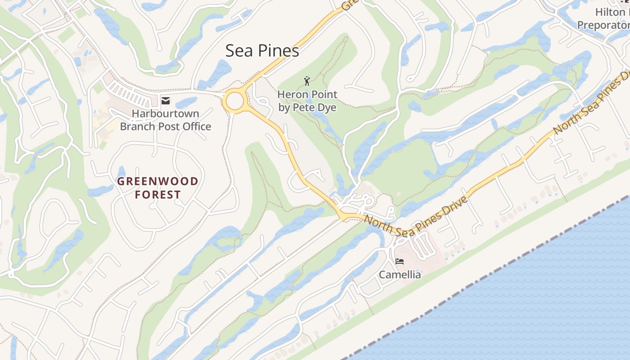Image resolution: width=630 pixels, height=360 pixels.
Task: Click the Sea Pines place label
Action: click(262, 51)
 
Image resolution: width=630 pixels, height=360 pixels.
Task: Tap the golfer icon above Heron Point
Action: click(307, 81)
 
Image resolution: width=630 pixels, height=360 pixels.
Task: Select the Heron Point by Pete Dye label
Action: click(307, 101)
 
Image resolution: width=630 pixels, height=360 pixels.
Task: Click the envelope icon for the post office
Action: click(166, 101)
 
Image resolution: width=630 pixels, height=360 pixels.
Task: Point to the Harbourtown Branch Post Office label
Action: click(166, 120)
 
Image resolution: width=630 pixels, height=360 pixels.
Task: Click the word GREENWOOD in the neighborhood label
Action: click(157, 181)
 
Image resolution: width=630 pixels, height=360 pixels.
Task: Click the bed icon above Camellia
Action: click(399, 261)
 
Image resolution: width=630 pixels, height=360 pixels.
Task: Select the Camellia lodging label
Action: click(400, 274)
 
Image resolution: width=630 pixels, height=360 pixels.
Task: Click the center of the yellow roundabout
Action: click(234, 101)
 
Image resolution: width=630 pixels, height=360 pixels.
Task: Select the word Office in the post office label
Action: click(194, 126)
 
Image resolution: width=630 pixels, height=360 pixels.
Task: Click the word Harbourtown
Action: click(166, 114)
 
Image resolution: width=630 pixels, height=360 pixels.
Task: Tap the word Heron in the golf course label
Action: click(291, 94)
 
